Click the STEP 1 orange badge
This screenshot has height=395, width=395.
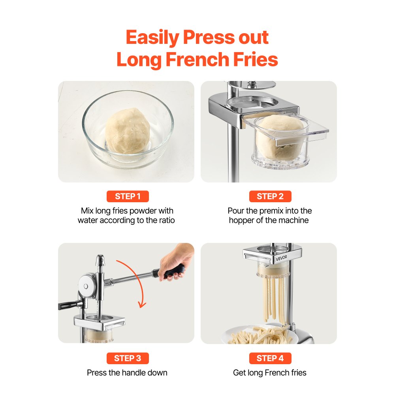128,196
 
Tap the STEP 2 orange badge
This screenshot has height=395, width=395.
270,196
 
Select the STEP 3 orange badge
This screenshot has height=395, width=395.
128,358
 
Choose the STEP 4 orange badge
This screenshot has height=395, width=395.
270,358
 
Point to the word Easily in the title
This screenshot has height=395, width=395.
152,37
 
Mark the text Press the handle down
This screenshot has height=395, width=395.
127,372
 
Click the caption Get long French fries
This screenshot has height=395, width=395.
269,372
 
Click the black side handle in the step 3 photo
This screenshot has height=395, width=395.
70,305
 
